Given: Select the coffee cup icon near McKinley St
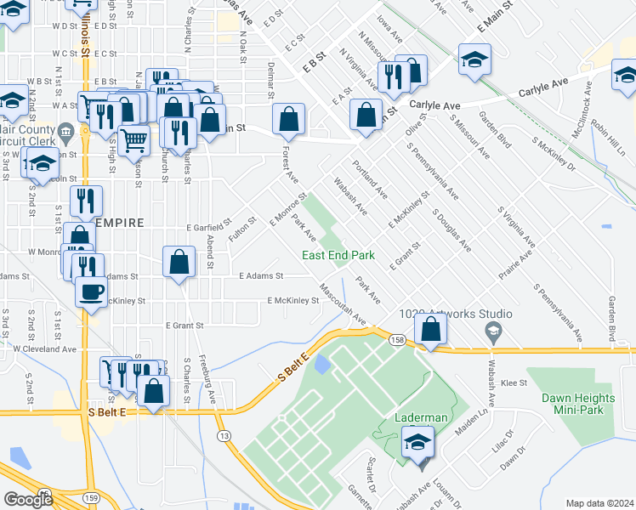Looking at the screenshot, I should click(x=91, y=291).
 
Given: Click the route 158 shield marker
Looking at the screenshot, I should click(x=397, y=340).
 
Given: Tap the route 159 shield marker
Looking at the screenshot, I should click(x=92, y=496).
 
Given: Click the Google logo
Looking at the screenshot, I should click(x=27, y=499).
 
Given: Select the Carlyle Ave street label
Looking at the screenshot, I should click(x=434, y=105).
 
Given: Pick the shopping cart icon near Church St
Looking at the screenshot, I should click(x=133, y=140).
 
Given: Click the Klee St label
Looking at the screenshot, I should click(x=514, y=384).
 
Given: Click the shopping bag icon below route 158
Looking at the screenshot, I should click(x=431, y=329).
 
